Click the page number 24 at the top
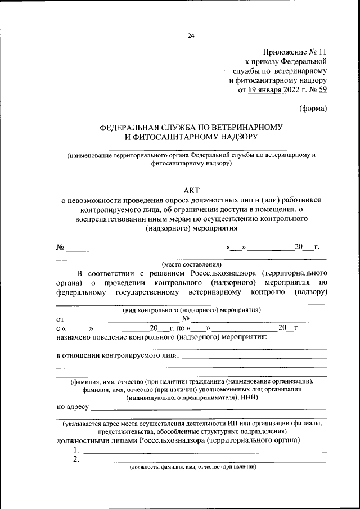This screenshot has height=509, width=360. tap(191, 36)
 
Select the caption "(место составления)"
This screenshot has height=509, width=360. tap(191, 264)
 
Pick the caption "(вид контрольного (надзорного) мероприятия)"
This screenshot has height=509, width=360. tap(191, 310)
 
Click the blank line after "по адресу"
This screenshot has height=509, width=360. tap(208, 407)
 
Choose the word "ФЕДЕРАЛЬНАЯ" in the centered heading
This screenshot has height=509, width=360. tap(130, 127)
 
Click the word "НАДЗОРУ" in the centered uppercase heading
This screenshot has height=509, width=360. tap(240, 137)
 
